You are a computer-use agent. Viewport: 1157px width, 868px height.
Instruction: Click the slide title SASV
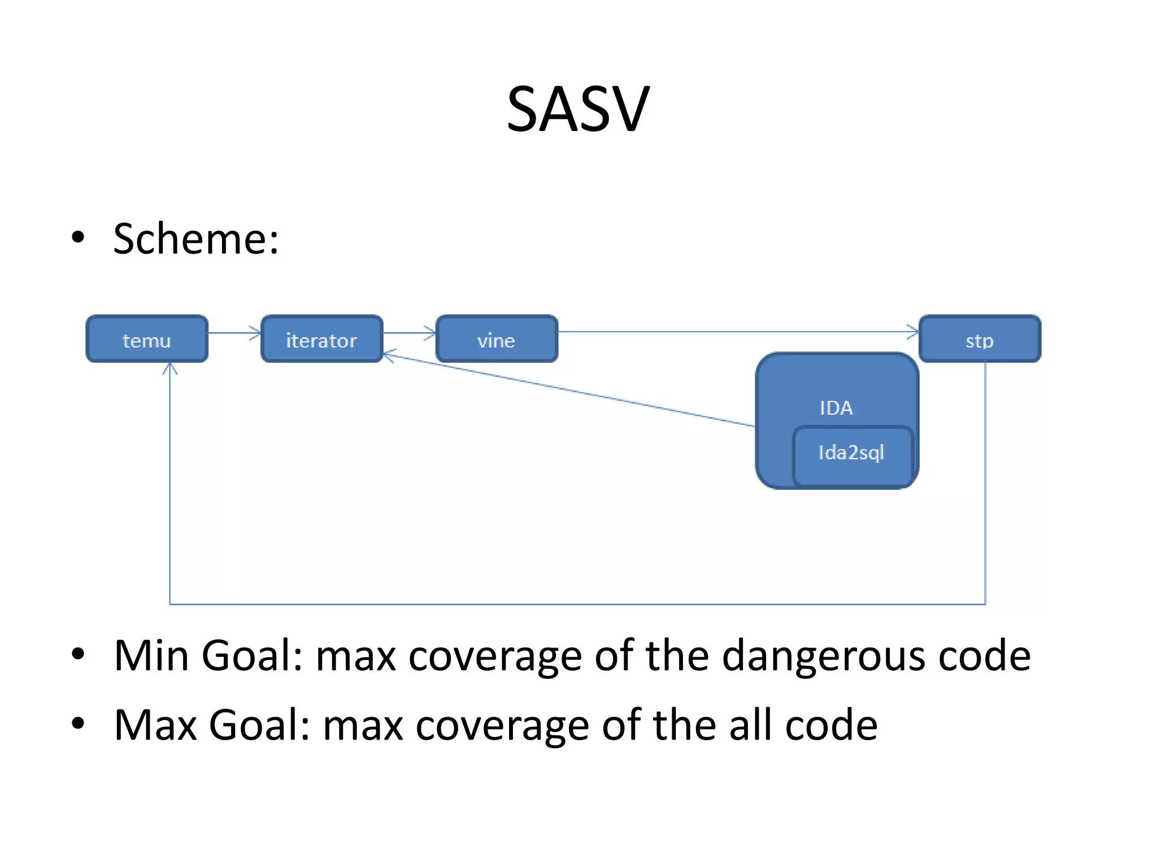click(x=577, y=108)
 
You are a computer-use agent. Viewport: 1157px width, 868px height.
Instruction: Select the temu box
click(x=147, y=339)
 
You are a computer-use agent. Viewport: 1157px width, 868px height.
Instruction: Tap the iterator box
click(x=321, y=339)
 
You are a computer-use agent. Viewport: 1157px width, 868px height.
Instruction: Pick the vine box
click(x=497, y=339)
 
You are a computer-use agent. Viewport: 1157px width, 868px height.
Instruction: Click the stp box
click(x=980, y=339)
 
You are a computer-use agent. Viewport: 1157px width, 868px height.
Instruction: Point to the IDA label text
click(x=836, y=408)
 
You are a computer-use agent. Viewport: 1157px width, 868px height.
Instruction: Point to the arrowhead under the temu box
click(x=170, y=369)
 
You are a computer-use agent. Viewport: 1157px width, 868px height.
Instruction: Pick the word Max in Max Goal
click(x=155, y=725)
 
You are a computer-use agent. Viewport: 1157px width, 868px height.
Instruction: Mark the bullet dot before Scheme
click(x=78, y=237)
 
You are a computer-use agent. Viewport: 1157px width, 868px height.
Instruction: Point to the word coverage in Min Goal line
click(x=495, y=657)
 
